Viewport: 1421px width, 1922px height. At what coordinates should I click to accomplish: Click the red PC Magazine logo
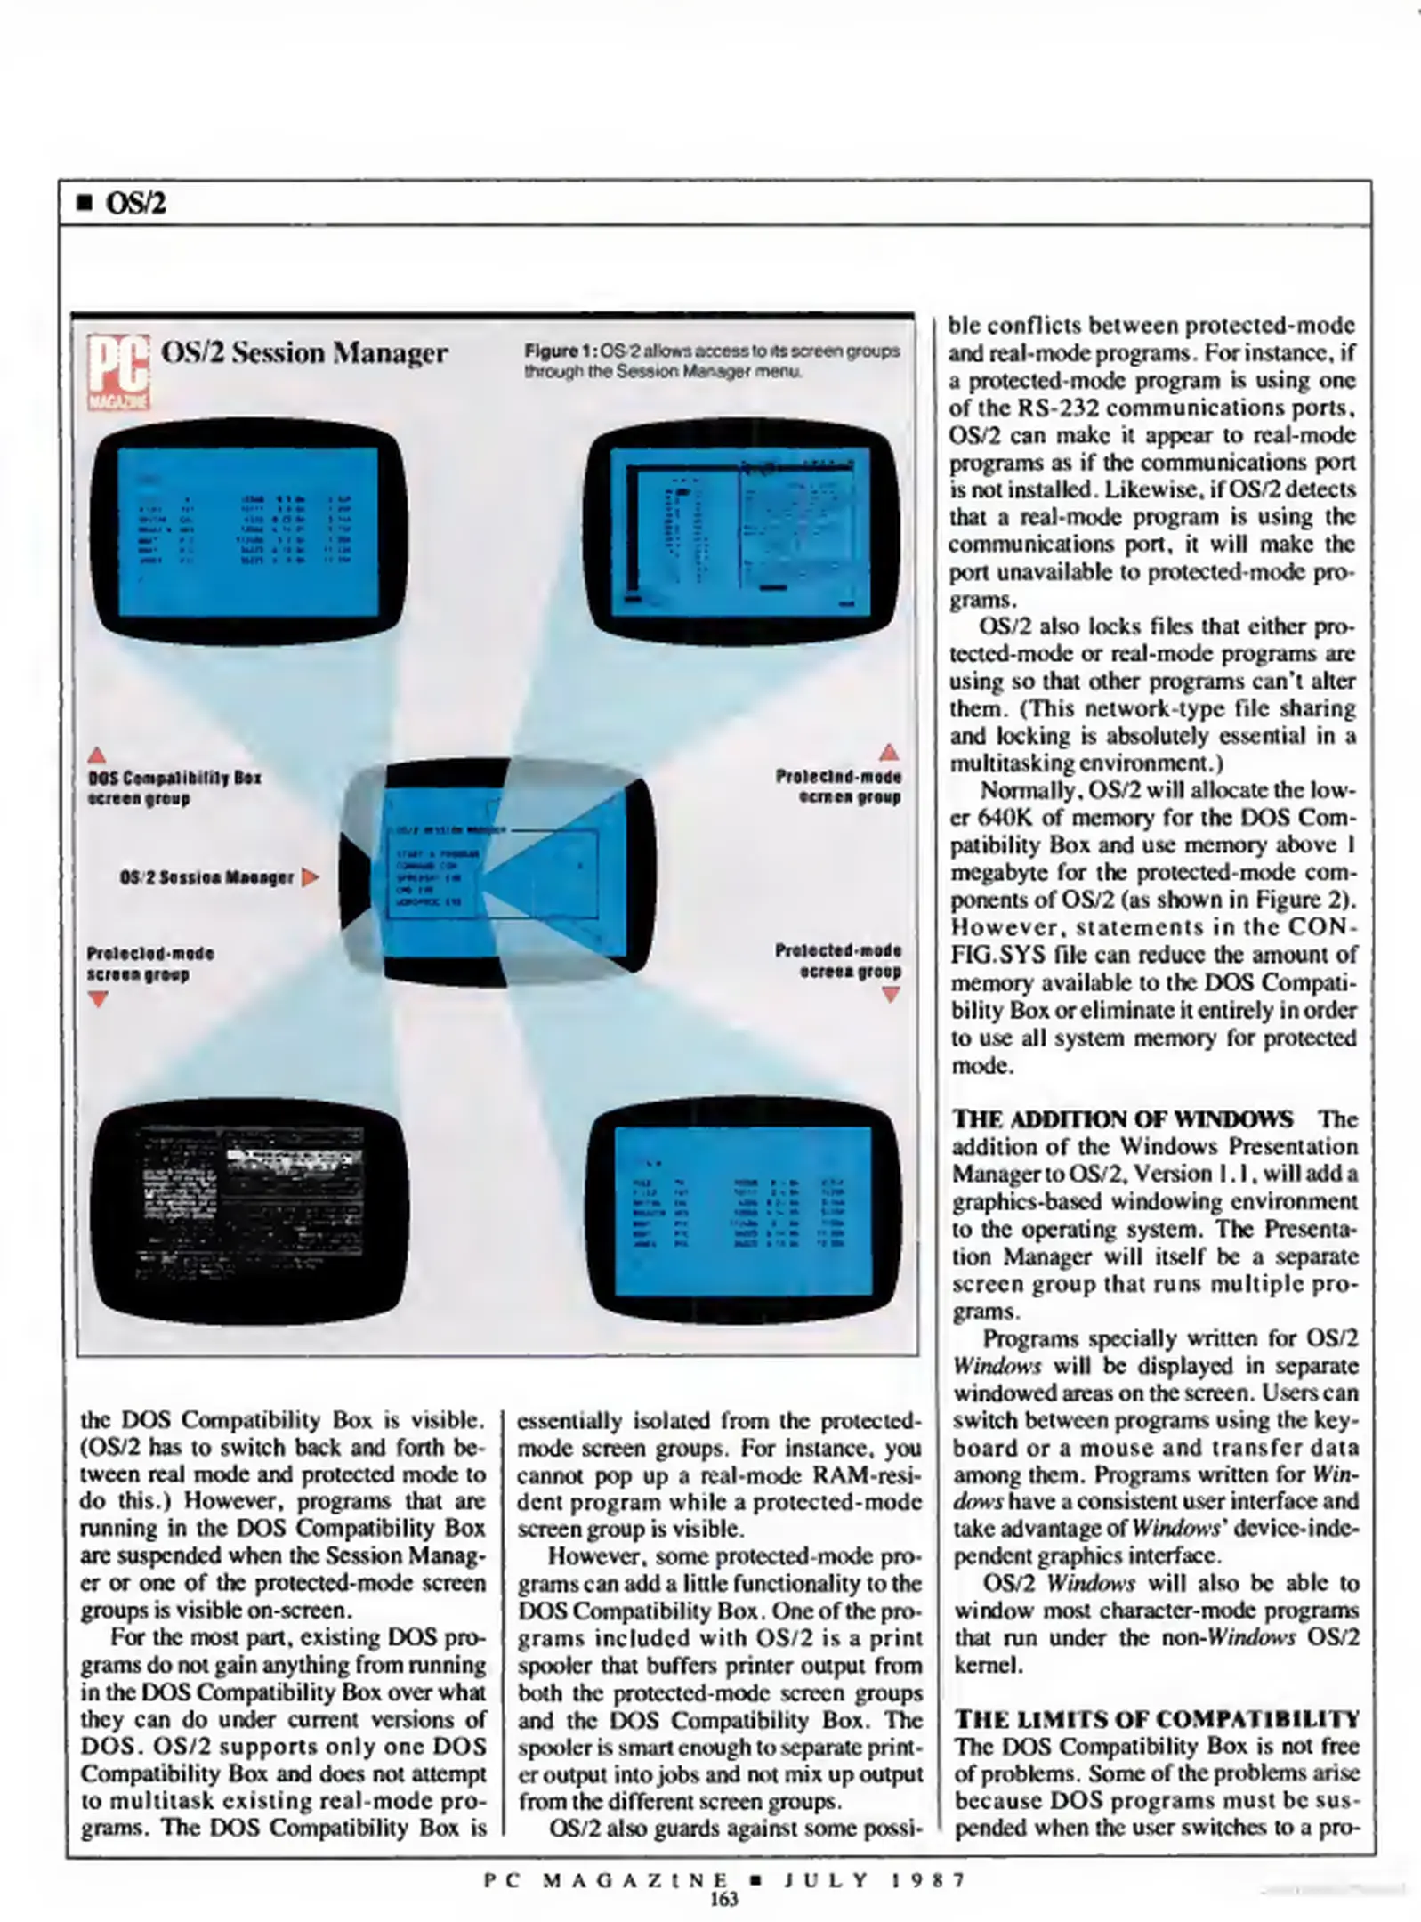point(118,372)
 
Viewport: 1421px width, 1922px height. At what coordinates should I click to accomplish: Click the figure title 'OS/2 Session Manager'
point(303,353)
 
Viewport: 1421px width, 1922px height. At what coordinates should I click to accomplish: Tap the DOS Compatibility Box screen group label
point(174,787)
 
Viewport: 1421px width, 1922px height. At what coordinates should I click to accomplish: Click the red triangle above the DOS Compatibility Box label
point(97,755)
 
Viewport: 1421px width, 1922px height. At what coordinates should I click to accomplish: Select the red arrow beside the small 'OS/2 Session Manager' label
point(309,877)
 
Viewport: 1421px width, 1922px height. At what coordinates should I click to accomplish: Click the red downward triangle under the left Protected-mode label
point(98,999)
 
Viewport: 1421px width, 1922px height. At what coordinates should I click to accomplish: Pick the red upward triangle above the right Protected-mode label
point(888,753)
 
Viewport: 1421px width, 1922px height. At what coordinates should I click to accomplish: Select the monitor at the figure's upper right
point(743,532)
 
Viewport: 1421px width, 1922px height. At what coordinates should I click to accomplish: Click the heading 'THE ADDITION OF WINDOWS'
point(1123,1118)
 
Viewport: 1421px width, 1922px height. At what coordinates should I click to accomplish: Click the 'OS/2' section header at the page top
point(135,204)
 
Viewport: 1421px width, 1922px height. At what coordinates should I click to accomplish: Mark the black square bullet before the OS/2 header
point(85,205)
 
